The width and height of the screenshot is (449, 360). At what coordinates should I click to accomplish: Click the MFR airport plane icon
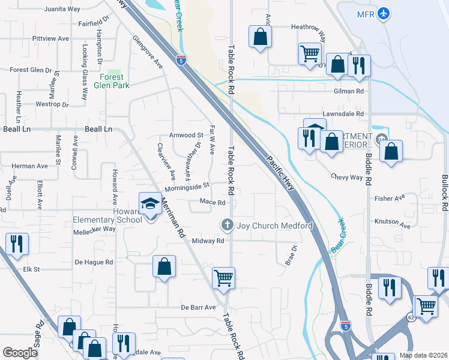[385, 13]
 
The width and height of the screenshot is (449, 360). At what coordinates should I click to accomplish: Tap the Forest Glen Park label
[112, 81]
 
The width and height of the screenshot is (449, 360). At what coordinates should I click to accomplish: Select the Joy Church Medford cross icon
[227, 226]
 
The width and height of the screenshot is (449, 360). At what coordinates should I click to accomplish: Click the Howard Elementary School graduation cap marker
[150, 204]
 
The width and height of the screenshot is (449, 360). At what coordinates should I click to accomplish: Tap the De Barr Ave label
[198, 307]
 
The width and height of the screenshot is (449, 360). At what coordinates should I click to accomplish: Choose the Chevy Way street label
[347, 177]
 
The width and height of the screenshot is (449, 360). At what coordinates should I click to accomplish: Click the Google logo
[20, 353]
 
